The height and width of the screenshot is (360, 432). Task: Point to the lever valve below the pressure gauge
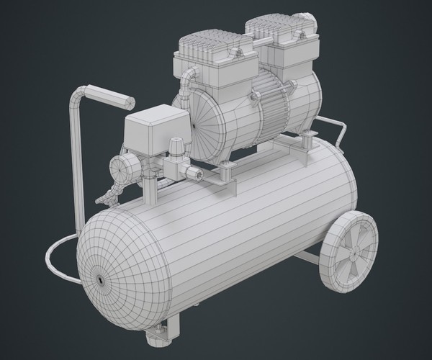(109, 195)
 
